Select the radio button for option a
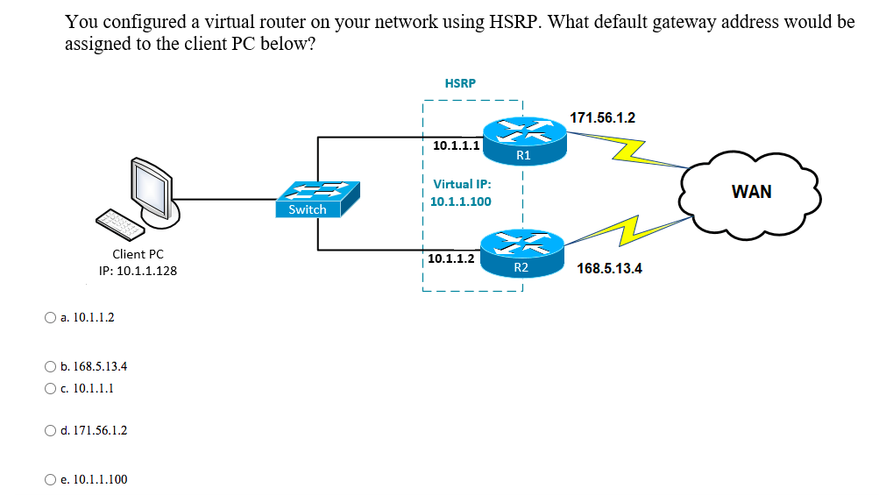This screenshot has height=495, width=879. coord(50,317)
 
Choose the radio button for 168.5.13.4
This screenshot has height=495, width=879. coord(50,366)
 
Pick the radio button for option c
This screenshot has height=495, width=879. coord(50,388)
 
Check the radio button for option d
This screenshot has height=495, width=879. coord(50,430)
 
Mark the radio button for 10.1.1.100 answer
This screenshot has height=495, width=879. coord(50,479)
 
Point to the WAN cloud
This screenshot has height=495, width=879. coord(751,192)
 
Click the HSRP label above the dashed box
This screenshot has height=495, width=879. coord(460,83)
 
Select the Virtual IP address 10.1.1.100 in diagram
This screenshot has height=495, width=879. coord(460,202)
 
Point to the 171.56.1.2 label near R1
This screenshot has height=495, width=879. coord(602,117)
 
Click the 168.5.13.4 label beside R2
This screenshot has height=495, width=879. coord(609,268)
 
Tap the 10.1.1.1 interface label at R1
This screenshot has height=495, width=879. coord(456,145)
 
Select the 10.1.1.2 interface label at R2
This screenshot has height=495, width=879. coord(451,258)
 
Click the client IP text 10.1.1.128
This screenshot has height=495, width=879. coord(138,271)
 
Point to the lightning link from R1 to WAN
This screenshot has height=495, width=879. coord(633,152)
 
